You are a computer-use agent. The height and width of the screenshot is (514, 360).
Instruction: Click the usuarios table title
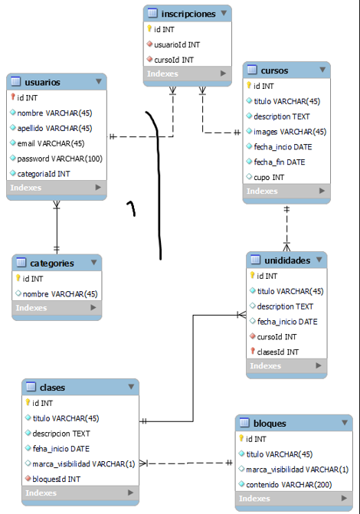(43, 82)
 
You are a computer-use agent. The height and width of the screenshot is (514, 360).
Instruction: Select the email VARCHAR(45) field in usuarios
(51, 143)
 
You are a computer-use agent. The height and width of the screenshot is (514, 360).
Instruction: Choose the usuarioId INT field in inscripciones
(177, 44)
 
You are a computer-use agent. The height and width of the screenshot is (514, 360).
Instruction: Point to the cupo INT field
(269, 177)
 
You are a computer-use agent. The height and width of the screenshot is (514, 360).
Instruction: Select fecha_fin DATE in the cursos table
(280, 162)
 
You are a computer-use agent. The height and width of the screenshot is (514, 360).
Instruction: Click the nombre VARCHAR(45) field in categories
(61, 293)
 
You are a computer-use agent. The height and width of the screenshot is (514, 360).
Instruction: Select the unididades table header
(287, 260)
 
